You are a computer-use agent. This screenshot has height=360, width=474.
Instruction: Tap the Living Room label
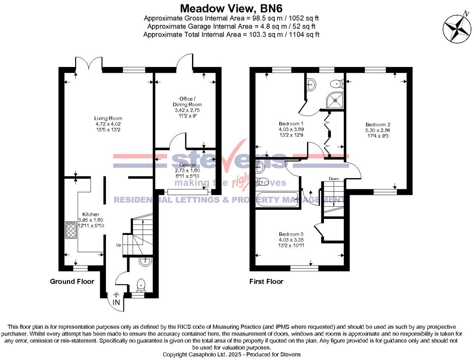click(x=108, y=118)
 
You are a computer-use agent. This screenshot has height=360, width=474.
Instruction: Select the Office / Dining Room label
click(x=187, y=101)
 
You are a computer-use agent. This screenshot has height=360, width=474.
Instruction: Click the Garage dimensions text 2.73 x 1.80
click(x=187, y=170)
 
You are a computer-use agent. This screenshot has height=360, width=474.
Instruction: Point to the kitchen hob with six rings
click(x=71, y=230)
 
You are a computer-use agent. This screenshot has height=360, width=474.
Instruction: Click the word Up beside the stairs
click(x=119, y=245)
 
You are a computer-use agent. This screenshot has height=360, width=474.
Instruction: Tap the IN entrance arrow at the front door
click(x=116, y=299)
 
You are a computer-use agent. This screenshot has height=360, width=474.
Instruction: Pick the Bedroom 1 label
click(x=291, y=124)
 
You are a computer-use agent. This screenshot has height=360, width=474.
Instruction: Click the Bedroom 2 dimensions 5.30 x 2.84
click(x=378, y=130)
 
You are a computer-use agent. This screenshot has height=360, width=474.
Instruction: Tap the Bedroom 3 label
click(x=291, y=234)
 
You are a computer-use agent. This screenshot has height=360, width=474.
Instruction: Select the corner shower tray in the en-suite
click(x=335, y=100)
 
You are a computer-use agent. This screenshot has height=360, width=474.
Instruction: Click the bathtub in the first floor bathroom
click(x=277, y=199)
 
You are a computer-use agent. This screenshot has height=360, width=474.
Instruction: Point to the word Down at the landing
click(x=334, y=179)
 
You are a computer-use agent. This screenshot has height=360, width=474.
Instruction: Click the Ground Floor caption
click(x=72, y=281)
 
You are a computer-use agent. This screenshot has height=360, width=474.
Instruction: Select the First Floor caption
click(x=266, y=281)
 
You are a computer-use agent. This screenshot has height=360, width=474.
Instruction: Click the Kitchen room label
click(x=90, y=214)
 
